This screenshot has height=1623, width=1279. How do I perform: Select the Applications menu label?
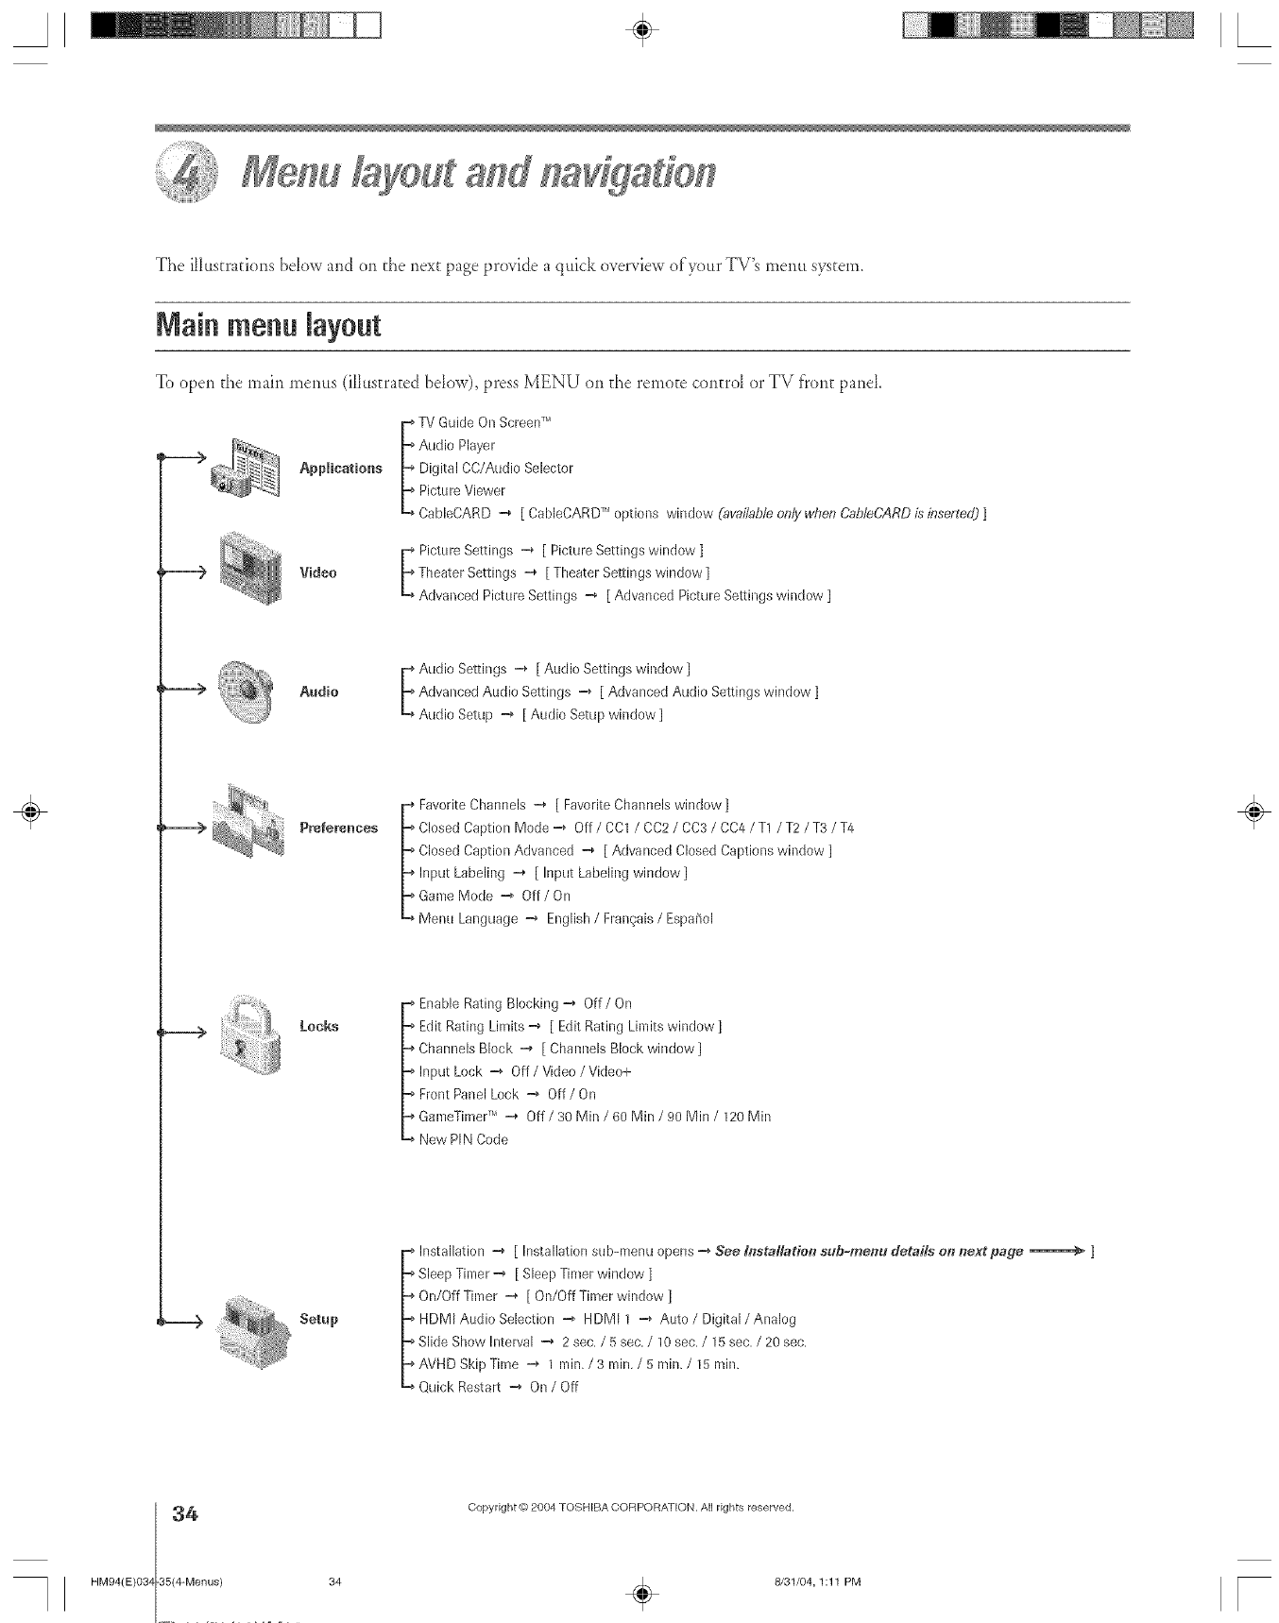coord(340,468)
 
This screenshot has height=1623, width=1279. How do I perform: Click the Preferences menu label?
coord(338,829)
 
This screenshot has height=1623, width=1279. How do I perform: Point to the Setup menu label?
coord(318,1319)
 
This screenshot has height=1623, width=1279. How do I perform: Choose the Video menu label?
coord(317,572)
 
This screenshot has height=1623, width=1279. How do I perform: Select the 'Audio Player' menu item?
coord(456,445)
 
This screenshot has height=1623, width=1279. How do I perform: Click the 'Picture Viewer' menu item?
coord(462,490)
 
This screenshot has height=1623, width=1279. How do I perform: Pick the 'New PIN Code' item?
coord(463,1139)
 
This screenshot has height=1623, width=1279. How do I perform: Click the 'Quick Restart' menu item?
coord(459,1387)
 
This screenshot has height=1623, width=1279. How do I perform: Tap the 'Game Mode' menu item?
coord(455,896)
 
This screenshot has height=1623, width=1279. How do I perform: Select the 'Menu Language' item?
coord(468,918)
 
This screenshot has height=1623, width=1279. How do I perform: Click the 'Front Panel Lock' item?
coord(469,1094)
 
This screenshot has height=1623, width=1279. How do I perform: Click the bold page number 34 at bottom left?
coord(183,1515)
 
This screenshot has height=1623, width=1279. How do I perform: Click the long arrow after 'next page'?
coord(1056,1251)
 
